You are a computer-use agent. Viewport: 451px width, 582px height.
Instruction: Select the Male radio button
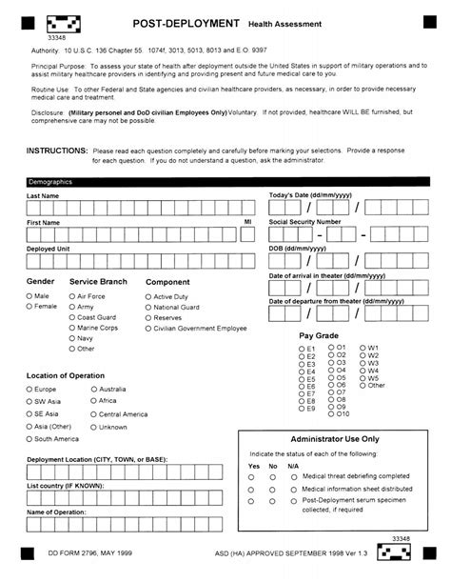(x=29, y=296)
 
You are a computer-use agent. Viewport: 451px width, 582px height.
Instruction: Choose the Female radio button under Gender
(x=29, y=307)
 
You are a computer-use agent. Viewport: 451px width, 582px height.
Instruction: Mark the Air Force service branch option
(x=72, y=296)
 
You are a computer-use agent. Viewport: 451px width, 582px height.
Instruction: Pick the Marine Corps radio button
(x=72, y=328)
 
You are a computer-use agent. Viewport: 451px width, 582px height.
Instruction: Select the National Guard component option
(x=148, y=308)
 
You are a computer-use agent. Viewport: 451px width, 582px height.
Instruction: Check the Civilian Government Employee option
(x=148, y=329)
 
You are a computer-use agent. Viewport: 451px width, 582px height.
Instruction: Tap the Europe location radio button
(x=29, y=389)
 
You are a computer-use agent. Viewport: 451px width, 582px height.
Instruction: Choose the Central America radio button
(x=93, y=414)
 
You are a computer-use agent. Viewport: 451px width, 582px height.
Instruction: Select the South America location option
(x=29, y=439)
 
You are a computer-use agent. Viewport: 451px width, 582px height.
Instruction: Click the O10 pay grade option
(x=332, y=413)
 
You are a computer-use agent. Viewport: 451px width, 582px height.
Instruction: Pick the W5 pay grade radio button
(x=363, y=377)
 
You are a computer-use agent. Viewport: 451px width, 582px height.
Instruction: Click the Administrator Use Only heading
(x=340, y=439)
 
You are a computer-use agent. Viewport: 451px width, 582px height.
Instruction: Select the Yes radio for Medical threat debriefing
(x=252, y=474)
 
